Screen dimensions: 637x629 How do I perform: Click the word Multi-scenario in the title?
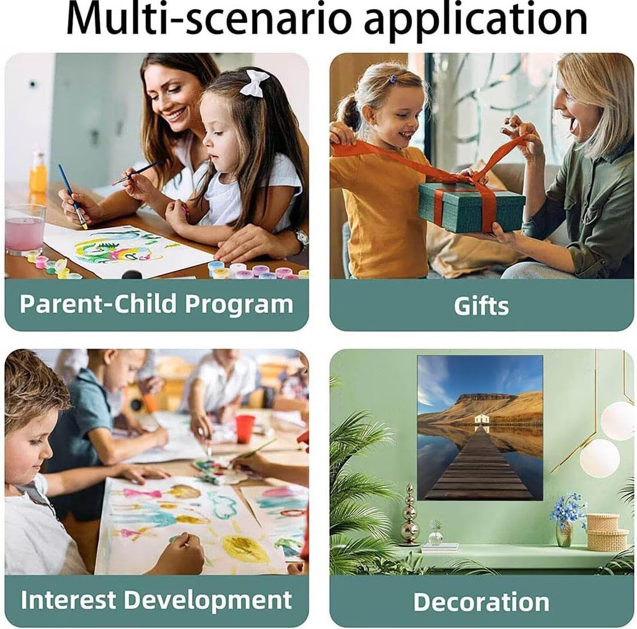click(x=208, y=19)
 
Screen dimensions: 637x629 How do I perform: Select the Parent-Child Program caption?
click(x=156, y=304)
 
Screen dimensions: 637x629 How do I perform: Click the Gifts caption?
click(x=481, y=306)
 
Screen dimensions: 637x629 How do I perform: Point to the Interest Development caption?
click(x=156, y=600)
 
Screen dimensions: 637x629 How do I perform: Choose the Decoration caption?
click(x=481, y=602)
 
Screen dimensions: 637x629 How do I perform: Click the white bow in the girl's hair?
click(x=255, y=83)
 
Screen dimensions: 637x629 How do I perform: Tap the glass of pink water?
click(x=25, y=228)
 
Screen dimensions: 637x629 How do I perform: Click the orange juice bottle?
click(x=38, y=173)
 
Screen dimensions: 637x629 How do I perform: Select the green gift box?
click(x=471, y=207)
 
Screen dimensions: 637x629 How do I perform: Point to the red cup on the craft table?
click(x=245, y=429)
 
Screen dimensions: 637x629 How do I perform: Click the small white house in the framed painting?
click(x=482, y=420)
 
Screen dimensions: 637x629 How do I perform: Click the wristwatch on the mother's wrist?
click(x=301, y=239)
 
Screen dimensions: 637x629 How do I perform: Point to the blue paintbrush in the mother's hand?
click(x=72, y=196)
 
